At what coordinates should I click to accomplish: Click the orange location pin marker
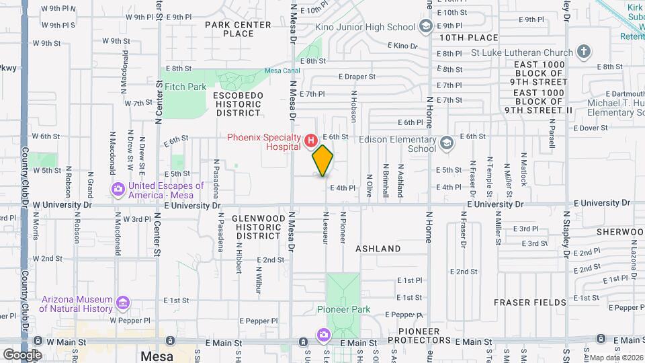pos(323,160)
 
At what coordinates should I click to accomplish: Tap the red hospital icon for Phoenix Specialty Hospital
pos(310,141)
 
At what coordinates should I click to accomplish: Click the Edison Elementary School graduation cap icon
pos(446,143)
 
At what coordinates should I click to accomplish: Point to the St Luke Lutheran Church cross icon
pos(584,52)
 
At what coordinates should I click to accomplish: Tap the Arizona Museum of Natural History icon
pos(122,304)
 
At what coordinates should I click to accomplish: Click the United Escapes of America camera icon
pos(118,190)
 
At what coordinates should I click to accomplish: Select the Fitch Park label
pos(185,87)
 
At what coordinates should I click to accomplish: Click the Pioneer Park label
pos(343,310)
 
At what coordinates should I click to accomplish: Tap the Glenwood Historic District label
pos(257,227)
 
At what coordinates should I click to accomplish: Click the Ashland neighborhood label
pos(378,249)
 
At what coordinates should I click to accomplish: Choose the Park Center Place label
pos(238,29)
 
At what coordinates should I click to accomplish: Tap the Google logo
pos(22,354)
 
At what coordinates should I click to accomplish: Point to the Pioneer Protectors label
pos(428,336)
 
